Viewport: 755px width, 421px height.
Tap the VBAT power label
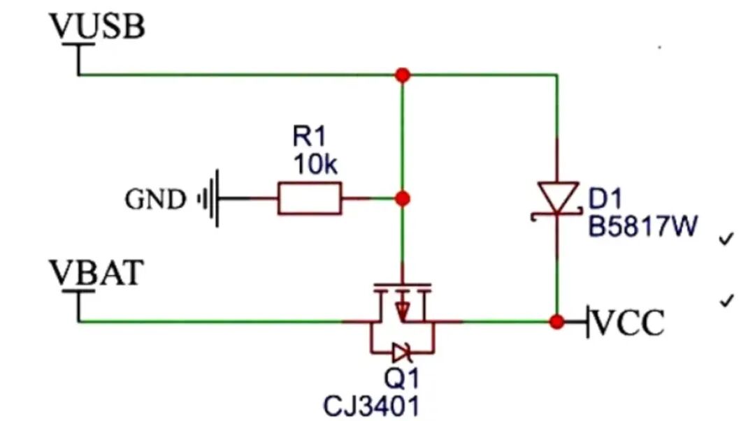click(x=96, y=273)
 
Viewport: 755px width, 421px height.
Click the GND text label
click(x=155, y=199)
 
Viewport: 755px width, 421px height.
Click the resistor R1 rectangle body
click(x=310, y=198)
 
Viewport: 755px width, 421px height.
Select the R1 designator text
click(x=309, y=136)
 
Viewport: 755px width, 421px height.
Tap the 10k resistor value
click(x=315, y=165)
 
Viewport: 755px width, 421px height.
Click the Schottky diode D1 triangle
click(x=558, y=196)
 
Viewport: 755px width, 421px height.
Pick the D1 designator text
click(x=605, y=198)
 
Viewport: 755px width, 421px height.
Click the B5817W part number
click(x=643, y=226)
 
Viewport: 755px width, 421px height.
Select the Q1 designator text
click(x=401, y=377)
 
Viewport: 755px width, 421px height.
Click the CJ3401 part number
click(x=371, y=406)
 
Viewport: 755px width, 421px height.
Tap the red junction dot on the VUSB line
click(x=403, y=75)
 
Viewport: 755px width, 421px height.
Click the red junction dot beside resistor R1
click(x=403, y=198)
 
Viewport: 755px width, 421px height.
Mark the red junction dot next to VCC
click(x=557, y=321)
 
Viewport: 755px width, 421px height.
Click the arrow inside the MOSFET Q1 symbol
click(x=402, y=309)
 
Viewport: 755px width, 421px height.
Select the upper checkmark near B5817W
click(x=726, y=239)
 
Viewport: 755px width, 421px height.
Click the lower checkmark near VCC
click(x=726, y=300)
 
